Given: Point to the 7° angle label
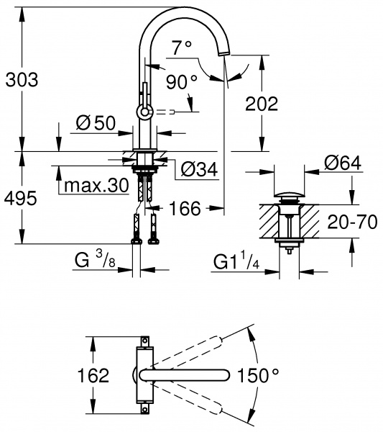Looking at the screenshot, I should point(182,48).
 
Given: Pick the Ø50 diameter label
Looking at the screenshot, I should point(96,123).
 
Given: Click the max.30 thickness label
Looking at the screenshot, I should point(96,185).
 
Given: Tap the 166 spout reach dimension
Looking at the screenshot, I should point(186,209).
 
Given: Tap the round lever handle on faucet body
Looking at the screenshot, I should point(144,111).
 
